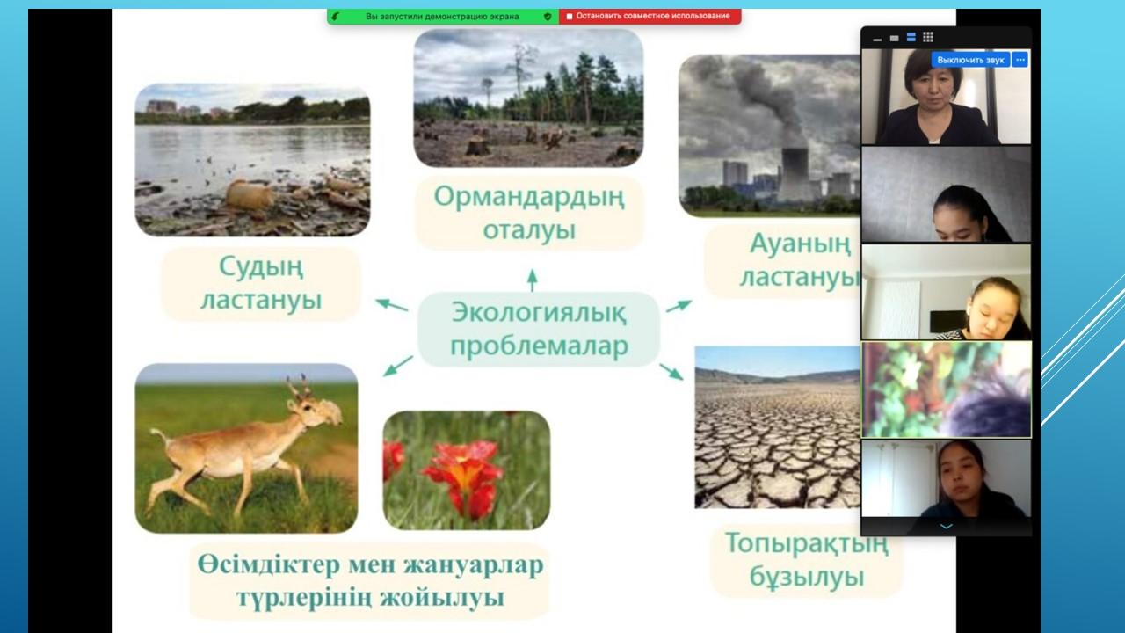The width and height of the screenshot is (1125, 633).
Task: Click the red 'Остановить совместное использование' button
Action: (x=650, y=16)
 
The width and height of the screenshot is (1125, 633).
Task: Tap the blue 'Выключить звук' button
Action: (x=970, y=61)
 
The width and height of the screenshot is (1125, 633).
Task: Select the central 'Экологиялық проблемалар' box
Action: (x=539, y=329)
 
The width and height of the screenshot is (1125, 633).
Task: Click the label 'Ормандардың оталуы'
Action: (x=529, y=213)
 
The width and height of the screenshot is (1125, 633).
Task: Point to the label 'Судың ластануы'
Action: (x=261, y=283)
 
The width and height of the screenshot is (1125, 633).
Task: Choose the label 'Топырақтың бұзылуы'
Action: (x=807, y=560)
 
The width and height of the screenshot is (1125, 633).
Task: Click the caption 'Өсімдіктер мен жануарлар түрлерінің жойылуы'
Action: (x=370, y=581)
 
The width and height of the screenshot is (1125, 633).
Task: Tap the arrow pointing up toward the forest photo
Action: (x=533, y=280)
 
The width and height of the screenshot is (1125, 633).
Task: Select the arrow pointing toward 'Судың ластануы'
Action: (x=392, y=304)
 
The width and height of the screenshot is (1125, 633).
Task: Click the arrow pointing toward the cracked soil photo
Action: (x=671, y=371)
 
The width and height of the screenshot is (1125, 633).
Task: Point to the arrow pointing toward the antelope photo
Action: (x=398, y=366)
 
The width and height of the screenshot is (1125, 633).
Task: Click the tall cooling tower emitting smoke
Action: (x=795, y=173)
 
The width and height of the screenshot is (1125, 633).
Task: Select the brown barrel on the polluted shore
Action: (x=249, y=196)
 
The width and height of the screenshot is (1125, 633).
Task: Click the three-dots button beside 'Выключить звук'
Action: (x=1020, y=61)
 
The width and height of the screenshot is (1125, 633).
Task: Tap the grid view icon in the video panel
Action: (x=928, y=37)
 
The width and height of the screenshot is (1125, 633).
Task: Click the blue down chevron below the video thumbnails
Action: (x=947, y=527)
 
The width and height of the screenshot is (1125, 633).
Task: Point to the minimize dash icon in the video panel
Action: (x=877, y=40)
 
